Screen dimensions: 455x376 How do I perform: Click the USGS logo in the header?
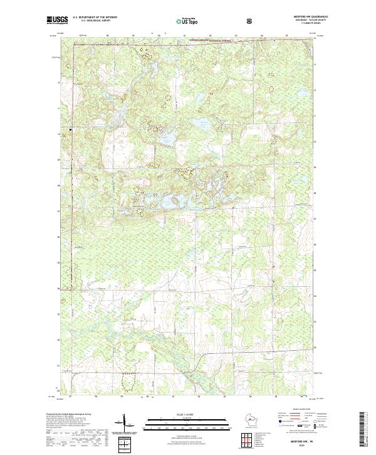[57, 21]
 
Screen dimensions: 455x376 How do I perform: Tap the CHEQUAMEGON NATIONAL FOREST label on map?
[198, 39]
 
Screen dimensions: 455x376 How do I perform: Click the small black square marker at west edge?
[70, 130]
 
